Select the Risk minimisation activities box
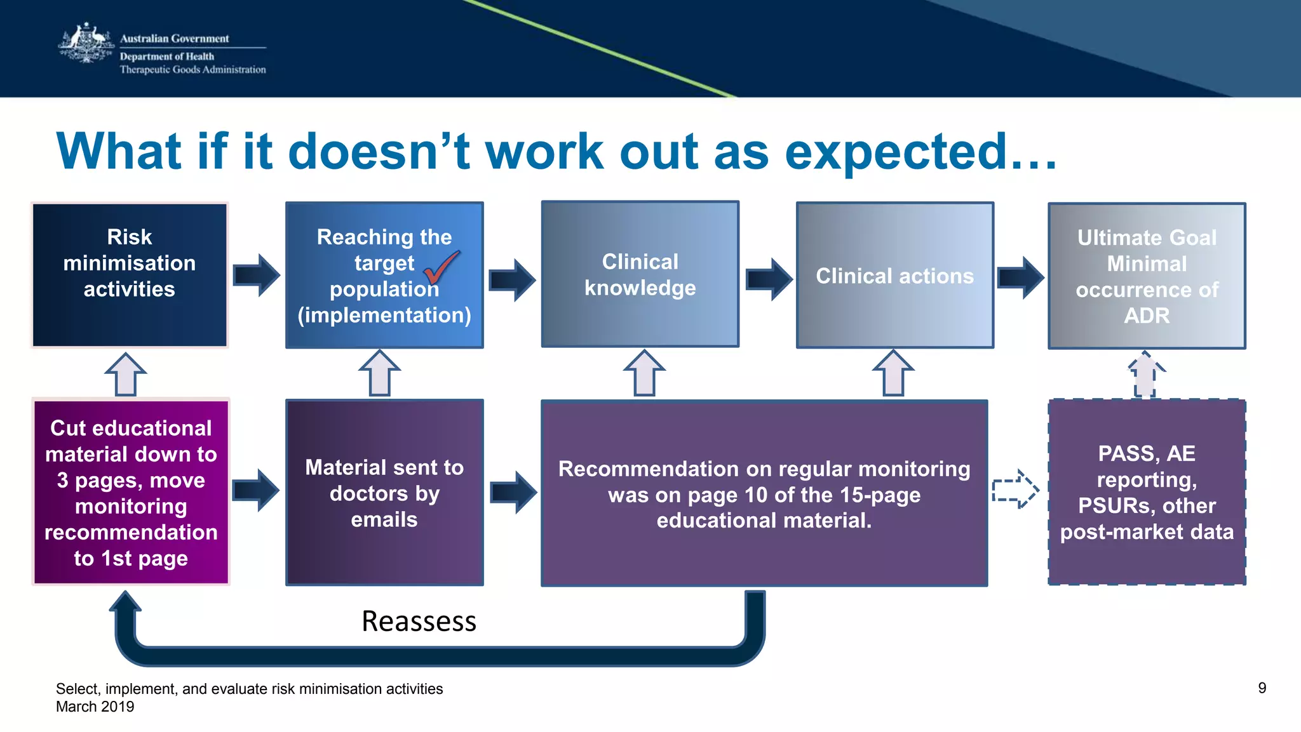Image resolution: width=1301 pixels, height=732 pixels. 130,275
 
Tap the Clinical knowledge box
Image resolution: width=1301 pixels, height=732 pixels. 640,274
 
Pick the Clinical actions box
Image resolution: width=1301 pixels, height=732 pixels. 894,276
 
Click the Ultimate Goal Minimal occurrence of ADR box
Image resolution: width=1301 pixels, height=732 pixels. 1147,276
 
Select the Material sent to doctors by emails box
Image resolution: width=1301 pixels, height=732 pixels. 384,493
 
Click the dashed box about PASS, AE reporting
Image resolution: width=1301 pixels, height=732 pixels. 1147,493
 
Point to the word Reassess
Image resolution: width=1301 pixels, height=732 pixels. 419,621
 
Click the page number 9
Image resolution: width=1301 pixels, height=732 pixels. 1262,688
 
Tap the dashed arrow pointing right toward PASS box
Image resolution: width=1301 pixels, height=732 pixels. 1015,489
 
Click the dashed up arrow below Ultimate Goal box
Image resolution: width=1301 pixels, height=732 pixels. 1145,375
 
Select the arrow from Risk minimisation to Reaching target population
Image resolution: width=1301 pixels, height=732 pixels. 256,275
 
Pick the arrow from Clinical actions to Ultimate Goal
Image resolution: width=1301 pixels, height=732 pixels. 1020,277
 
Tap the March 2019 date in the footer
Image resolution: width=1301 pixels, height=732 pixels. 95,707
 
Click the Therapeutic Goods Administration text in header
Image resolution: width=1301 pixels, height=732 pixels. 192,70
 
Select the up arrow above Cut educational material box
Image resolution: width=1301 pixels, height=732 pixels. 126,375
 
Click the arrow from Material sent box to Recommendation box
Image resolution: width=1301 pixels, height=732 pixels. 513,492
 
